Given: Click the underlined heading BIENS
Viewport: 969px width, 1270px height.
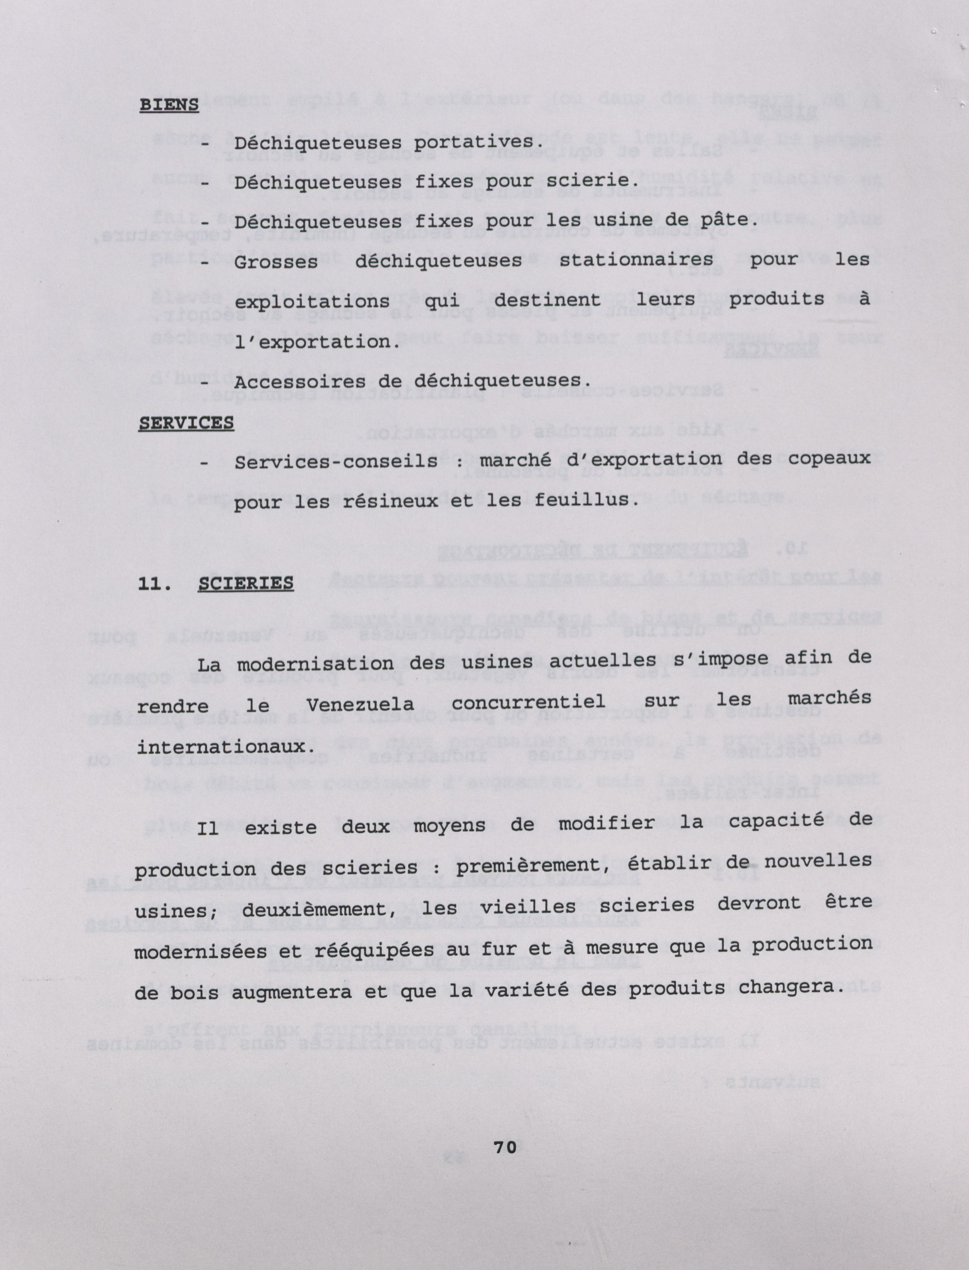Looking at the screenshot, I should click(x=169, y=105).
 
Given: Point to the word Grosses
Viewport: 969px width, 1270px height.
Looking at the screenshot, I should click(x=276, y=262).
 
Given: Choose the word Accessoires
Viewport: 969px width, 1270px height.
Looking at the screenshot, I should click(x=299, y=382).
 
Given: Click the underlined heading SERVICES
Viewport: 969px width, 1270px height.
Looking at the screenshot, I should click(x=186, y=423).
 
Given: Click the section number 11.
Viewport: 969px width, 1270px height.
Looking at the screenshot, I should click(x=154, y=584).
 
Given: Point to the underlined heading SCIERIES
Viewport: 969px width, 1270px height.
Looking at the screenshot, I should click(x=246, y=583).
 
